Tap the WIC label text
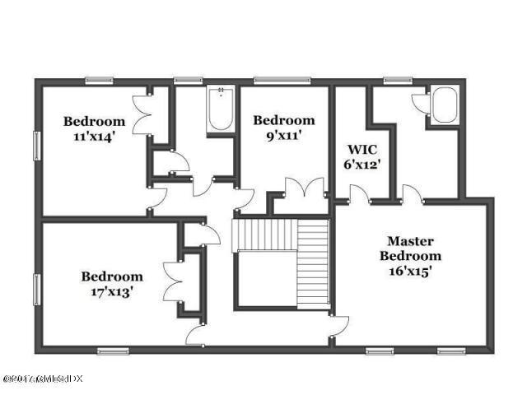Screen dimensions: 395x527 [361, 151]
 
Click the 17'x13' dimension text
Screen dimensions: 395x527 [111, 290]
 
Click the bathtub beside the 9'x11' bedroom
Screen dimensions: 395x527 [220, 110]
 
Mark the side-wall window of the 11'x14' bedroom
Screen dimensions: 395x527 [35, 146]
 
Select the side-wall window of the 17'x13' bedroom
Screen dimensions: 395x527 [35, 289]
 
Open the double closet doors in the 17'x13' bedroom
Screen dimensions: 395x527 [172, 282]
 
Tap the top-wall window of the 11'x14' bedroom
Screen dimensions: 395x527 [100, 81]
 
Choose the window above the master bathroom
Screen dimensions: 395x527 [397, 81]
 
